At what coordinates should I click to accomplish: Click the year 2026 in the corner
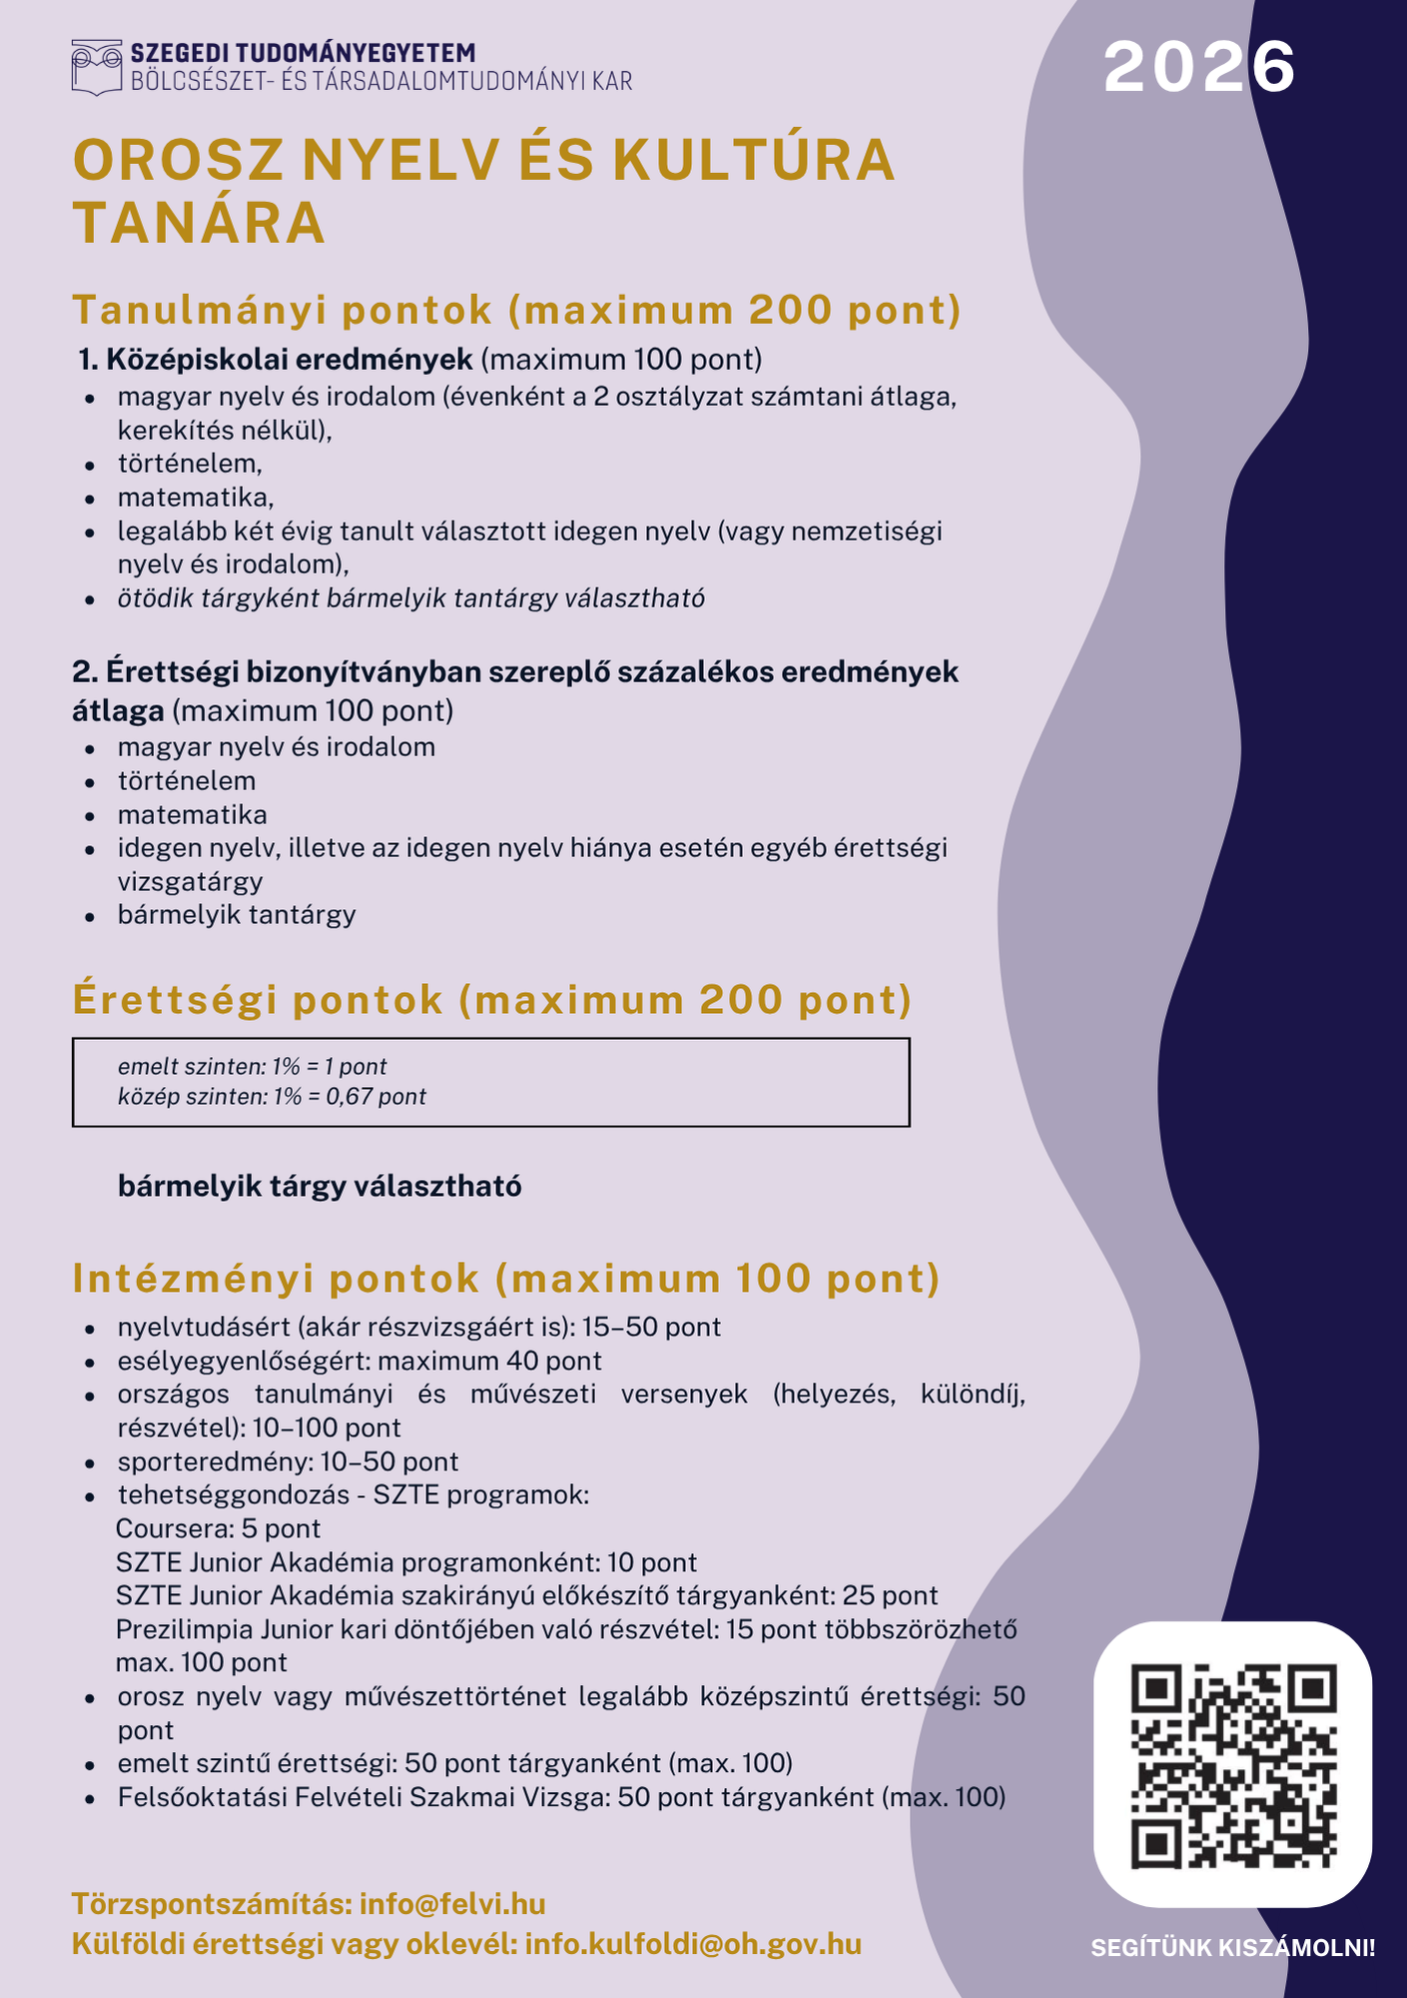coord(1198,68)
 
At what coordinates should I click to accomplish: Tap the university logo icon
coord(97,67)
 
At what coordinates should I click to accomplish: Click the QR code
coord(1233,1765)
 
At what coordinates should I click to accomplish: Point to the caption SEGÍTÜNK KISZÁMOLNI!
coord(1232,1947)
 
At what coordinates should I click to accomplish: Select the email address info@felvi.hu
coord(452,1903)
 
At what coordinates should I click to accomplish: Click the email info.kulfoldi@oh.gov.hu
coord(692,1944)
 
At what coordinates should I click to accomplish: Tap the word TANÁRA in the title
coord(200,222)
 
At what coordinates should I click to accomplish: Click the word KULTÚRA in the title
coord(754,160)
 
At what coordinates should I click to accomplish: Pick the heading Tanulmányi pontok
coord(283,310)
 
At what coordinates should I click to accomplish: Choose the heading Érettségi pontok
coord(258,1000)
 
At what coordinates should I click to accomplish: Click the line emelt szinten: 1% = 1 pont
coord(252,1066)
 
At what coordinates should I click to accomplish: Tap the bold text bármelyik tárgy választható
coord(320,1186)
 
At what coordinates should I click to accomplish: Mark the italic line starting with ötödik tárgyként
coord(410,598)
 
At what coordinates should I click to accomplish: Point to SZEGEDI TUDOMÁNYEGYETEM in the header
coord(303,53)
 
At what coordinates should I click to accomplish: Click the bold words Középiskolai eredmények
coord(289,359)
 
